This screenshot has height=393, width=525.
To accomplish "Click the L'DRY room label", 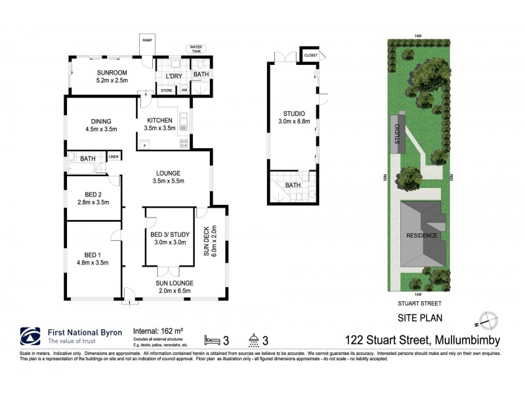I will point(164,75).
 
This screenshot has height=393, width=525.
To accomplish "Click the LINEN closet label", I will point(113,157).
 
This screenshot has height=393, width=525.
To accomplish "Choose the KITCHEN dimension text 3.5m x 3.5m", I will point(159,128).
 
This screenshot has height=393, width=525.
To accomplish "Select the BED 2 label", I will point(93,195).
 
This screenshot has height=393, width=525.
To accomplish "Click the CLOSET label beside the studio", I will point(310,56).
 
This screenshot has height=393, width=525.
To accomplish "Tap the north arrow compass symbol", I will point(485,321).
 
